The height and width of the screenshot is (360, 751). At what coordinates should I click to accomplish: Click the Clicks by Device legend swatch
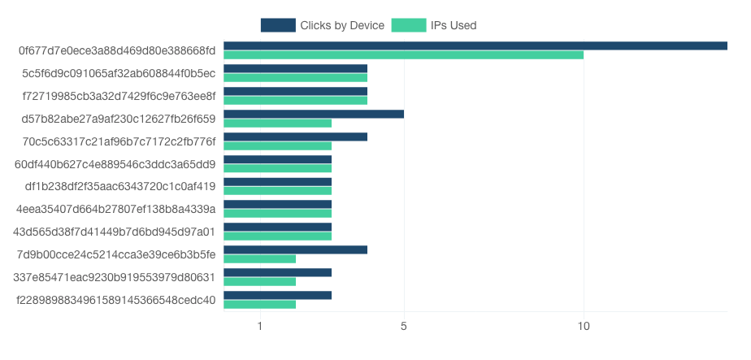[278, 25]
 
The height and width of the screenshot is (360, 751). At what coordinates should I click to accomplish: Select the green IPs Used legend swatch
[409, 25]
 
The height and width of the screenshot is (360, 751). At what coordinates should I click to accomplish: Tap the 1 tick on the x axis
[260, 327]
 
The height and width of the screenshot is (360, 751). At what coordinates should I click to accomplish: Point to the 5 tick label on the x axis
[404, 327]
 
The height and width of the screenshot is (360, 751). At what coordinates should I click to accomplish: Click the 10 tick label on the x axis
[584, 327]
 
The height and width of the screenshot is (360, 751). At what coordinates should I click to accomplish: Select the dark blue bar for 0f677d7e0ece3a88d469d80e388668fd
[475, 46]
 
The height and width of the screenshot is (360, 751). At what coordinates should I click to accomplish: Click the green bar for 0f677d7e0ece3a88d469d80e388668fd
[404, 55]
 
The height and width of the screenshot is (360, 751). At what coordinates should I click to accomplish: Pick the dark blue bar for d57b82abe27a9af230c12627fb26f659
[314, 114]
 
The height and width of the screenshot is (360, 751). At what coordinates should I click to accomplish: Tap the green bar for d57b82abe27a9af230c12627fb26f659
[278, 123]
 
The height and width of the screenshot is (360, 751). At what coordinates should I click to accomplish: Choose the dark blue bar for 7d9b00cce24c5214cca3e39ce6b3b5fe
[296, 250]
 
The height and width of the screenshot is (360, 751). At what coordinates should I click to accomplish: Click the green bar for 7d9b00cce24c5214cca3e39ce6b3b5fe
[259, 259]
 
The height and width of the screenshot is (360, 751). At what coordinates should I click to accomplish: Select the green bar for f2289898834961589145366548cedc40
[259, 305]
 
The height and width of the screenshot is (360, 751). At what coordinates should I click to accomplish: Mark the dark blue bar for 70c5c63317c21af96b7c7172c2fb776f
[296, 137]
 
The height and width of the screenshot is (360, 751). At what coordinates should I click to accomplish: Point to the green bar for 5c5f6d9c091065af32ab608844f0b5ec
[296, 77]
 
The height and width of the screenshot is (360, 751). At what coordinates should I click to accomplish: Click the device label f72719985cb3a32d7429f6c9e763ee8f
[119, 96]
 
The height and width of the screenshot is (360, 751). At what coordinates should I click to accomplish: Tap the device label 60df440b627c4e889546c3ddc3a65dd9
[115, 165]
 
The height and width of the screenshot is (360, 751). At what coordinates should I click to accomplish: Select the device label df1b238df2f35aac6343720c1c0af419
[120, 187]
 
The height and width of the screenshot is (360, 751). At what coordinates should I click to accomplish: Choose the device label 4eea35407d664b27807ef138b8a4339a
[116, 210]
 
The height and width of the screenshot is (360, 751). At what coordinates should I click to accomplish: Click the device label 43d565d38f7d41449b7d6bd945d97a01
[115, 232]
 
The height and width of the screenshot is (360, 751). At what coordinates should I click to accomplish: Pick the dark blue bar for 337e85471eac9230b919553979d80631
[278, 273]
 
